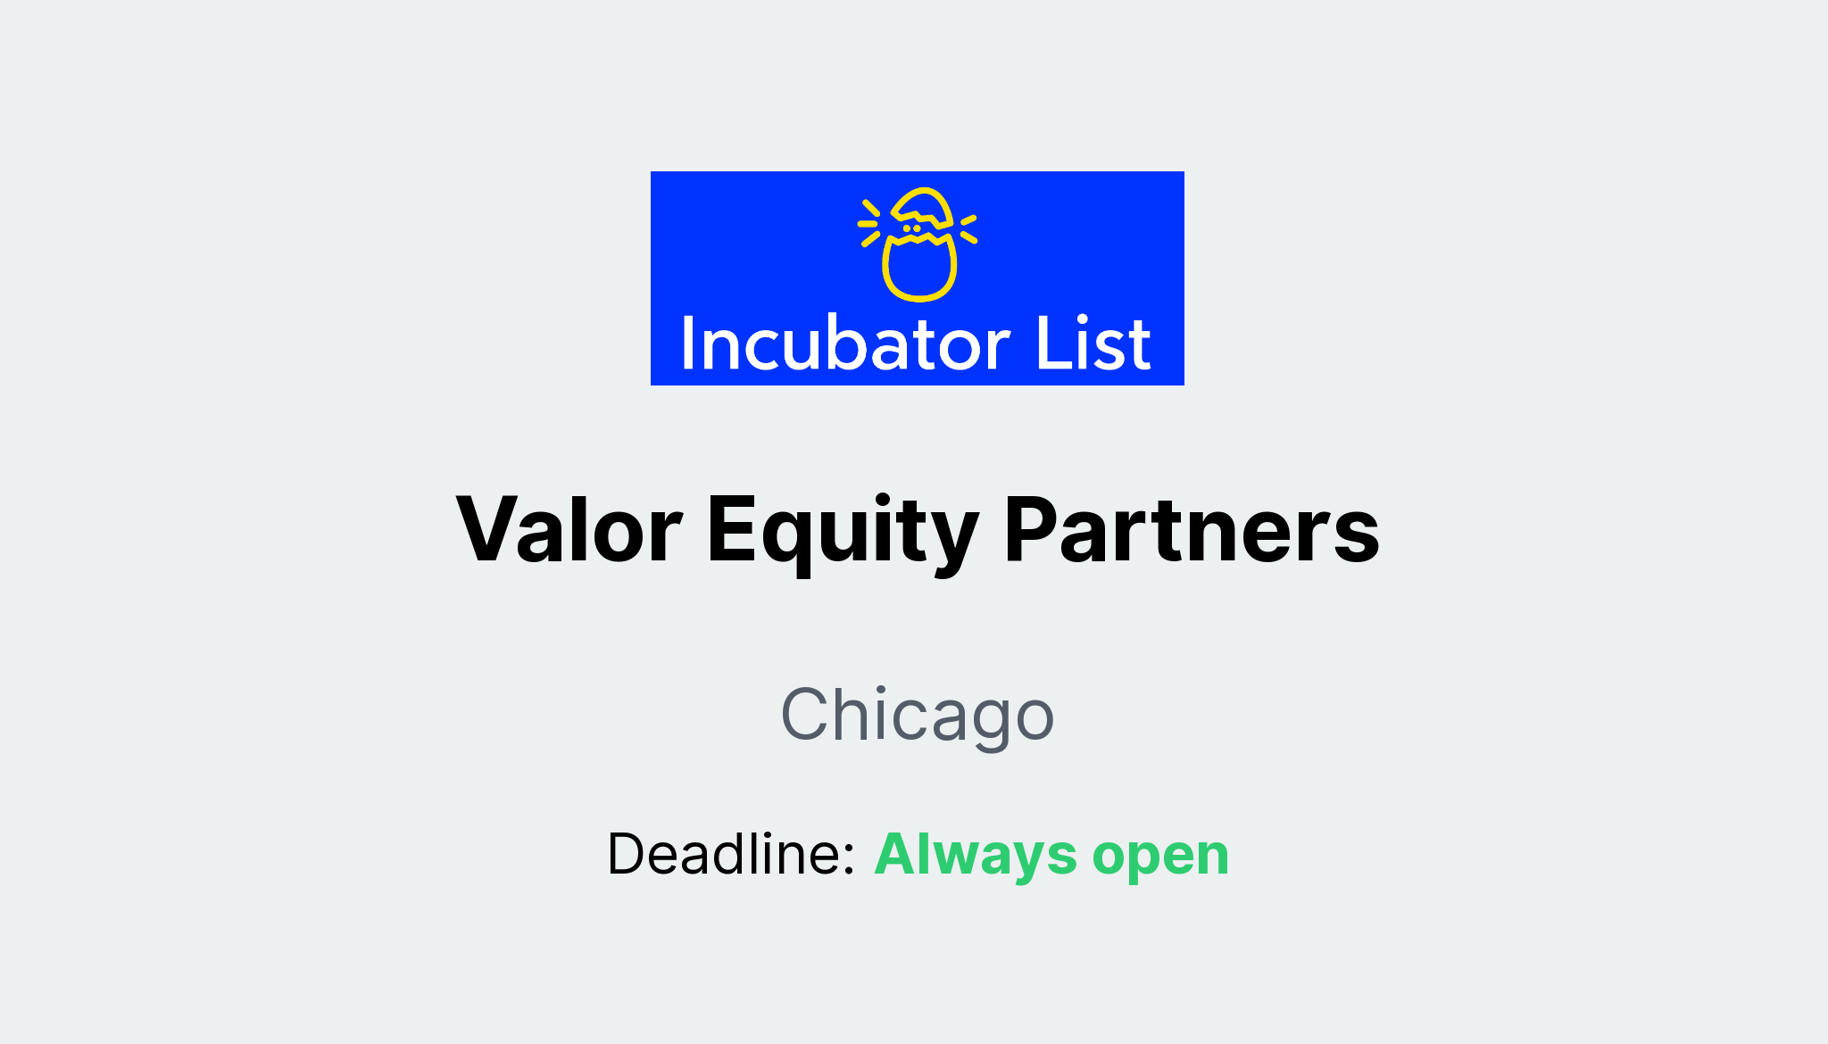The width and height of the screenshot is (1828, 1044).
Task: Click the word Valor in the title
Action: pyautogui.click(x=569, y=530)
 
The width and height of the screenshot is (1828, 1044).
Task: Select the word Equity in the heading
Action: pyautogui.click(x=843, y=532)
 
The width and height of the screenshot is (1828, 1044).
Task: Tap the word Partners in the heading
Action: pyautogui.click(x=1192, y=530)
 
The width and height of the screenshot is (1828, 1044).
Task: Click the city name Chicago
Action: pyautogui.click(x=918, y=715)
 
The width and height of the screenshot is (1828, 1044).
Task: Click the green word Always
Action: pyautogui.click(x=976, y=854)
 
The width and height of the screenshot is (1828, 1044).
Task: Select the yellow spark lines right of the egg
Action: pyautogui.click(x=968, y=228)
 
